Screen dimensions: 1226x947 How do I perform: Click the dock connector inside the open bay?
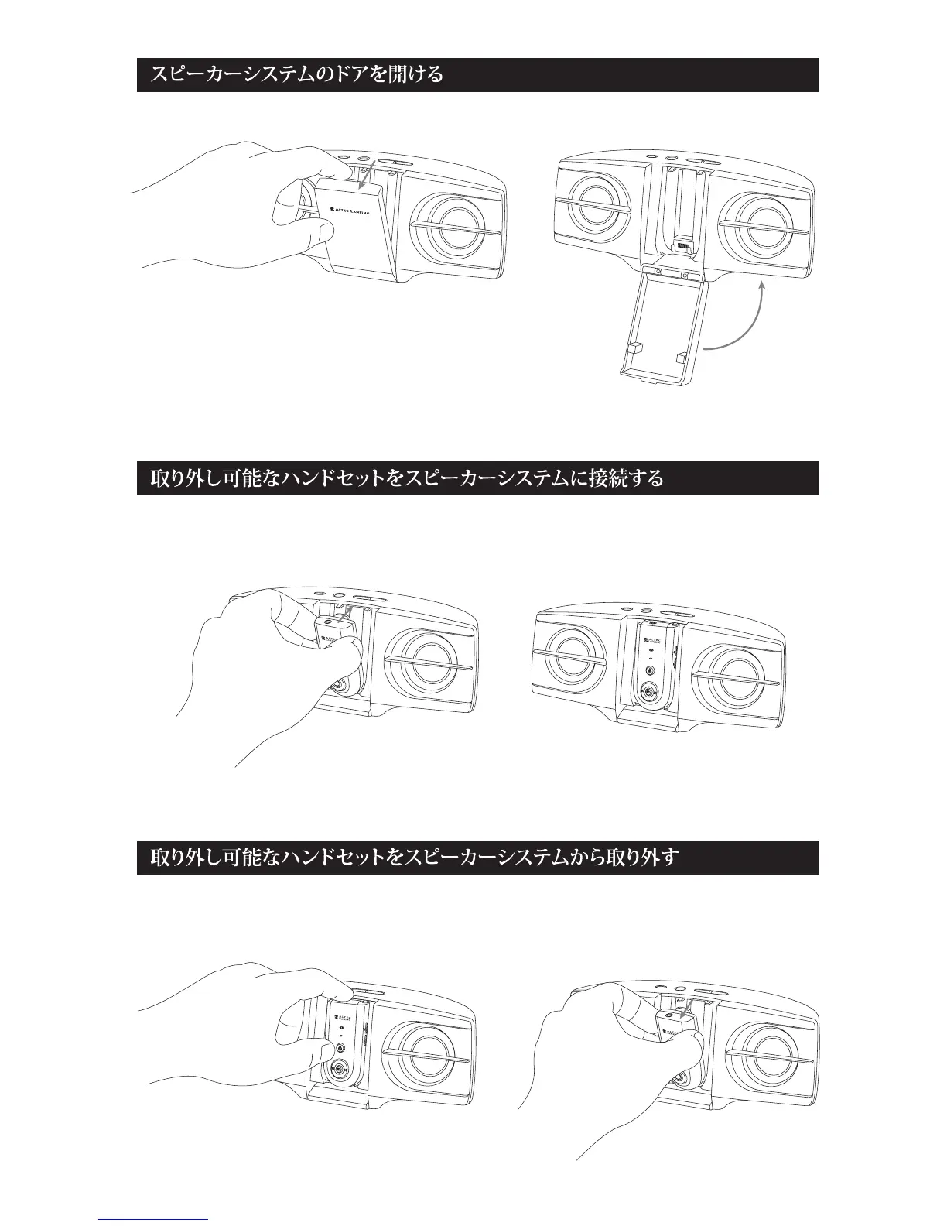pyautogui.click(x=682, y=247)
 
